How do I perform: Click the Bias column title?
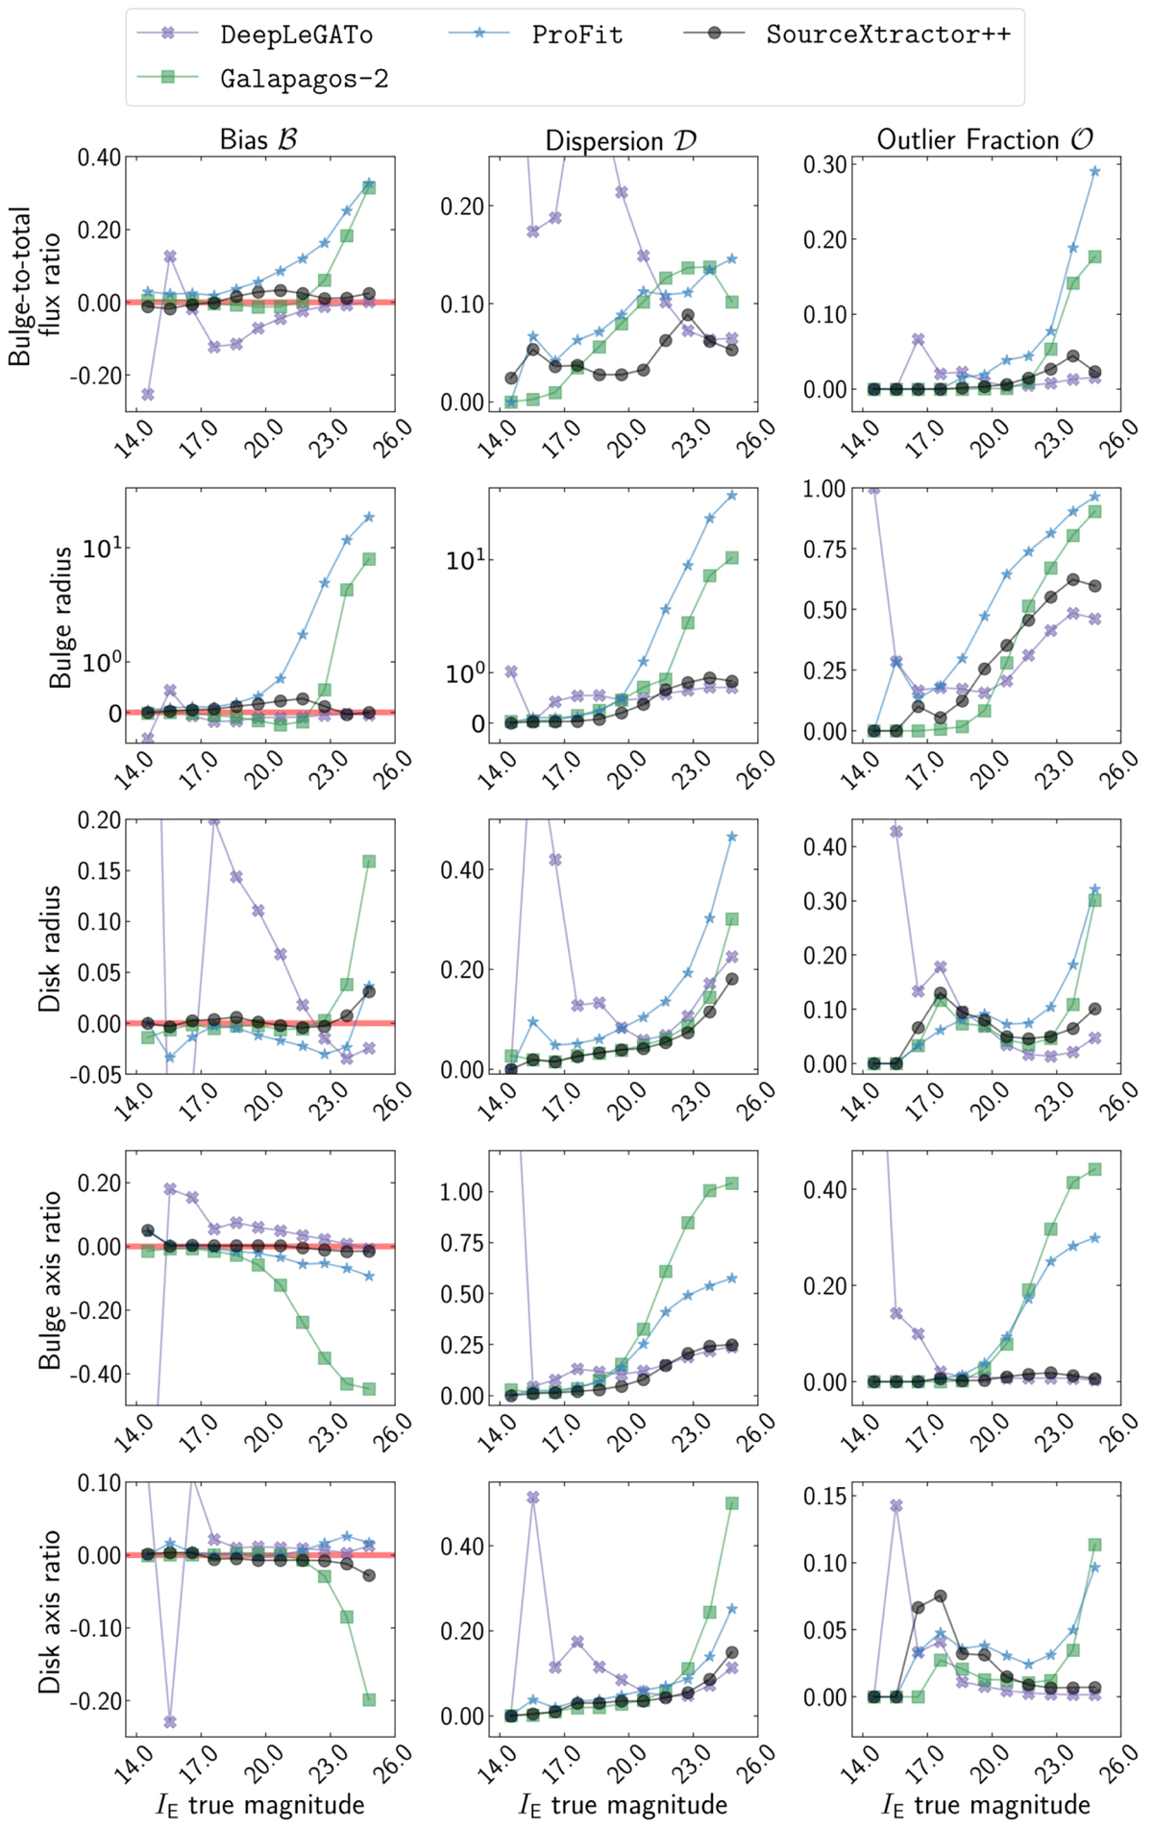pyautogui.click(x=258, y=139)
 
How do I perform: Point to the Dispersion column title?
pyautogui.click(x=621, y=140)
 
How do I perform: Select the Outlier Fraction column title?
pyautogui.click(x=985, y=139)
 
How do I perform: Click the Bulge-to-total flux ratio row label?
pyautogui.click(x=34, y=285)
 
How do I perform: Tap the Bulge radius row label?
pyautogui.click(x=61, y=617)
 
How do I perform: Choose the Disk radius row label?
pyautogui.click(x=50, y=948)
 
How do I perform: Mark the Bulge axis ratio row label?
pyautogui.click(x=50, y=1280)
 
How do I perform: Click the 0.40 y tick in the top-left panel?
pyautogui.click(x=99, y=157)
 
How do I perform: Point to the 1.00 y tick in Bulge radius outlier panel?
pyautogui.click(x=825, y=489)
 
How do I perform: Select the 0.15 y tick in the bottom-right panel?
pyautogui.click(x=825, y=1496)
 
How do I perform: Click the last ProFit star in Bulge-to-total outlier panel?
pyautogui.click(x=1094, y=171)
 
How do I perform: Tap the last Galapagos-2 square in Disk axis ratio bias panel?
pyautogui.click(x=369, y=1699)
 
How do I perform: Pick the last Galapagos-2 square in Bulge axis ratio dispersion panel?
pyautogui.click(x=732, y=1183)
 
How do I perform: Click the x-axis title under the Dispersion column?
pyautogui.click(x=623, y=1804)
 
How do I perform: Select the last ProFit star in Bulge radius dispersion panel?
pyautogui.click(x=732, y=496)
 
